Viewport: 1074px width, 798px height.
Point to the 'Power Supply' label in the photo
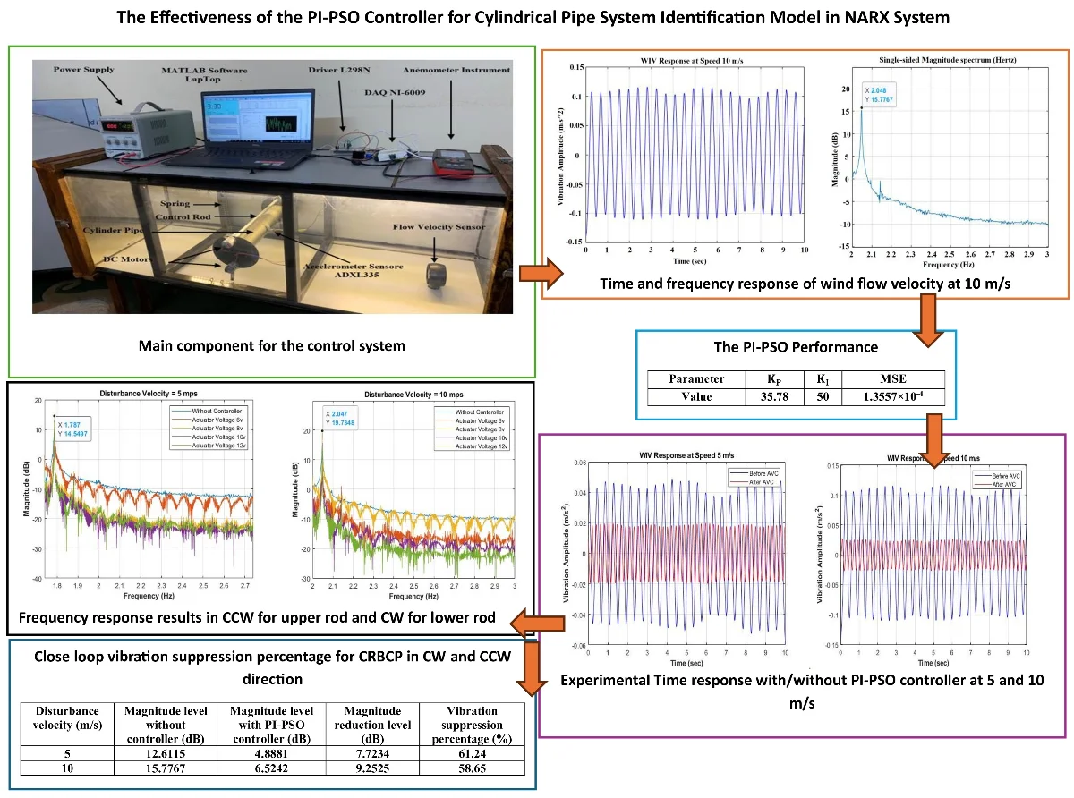(85, 68)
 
